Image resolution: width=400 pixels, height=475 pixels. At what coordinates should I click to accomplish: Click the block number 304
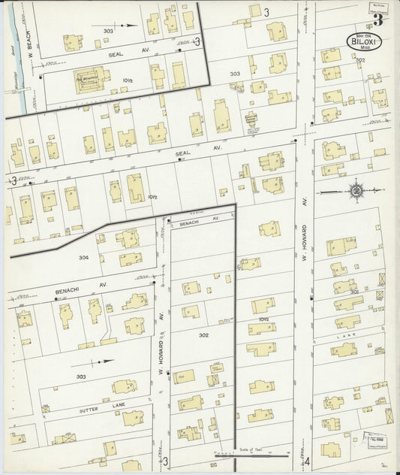pyautogui.click(x=83, y=257)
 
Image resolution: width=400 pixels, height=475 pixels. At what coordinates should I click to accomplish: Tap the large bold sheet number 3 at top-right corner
pyautogui.click(x=378, y=19)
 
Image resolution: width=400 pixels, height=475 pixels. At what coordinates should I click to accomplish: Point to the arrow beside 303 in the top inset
pyautogui.click(x=130, y=25)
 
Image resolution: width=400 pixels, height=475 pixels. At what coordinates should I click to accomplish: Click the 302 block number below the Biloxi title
pyautogui.click(x=359, y=60)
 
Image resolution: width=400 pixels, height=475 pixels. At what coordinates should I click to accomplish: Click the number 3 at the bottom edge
pyautogui.click(x=164, y=461)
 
